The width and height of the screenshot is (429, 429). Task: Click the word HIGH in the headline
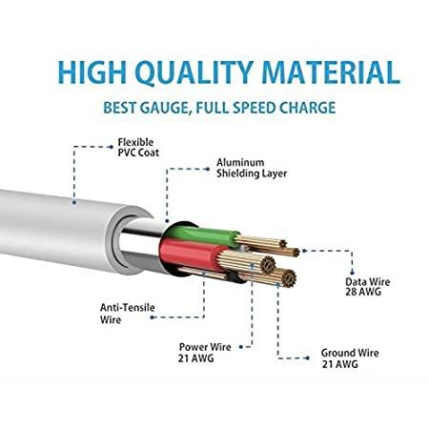(92, 72)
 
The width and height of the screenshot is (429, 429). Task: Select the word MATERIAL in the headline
(331, 72)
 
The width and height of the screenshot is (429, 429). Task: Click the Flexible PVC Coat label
(138, 147)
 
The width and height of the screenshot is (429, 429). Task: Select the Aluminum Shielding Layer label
(252, 168)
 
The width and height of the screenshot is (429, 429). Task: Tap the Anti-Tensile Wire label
(128, 314)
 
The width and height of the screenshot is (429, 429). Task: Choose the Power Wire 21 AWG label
(205, 353)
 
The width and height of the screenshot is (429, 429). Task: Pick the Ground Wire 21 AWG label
(350, 358)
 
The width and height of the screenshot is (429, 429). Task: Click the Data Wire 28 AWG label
(368, 287)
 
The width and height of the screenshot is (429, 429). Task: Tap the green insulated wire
(203, 235)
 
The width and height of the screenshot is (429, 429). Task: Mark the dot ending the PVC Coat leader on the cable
(74, 202)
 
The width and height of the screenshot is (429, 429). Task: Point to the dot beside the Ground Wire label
(307, 358)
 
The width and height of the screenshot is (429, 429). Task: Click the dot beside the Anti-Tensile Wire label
(152, 317)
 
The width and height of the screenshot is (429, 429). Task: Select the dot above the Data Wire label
(352, 273)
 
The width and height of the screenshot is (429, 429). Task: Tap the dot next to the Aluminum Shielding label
(208, 169)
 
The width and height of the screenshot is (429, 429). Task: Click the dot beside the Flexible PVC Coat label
(111, 147)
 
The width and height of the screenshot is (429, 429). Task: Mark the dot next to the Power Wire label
(241, 347)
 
